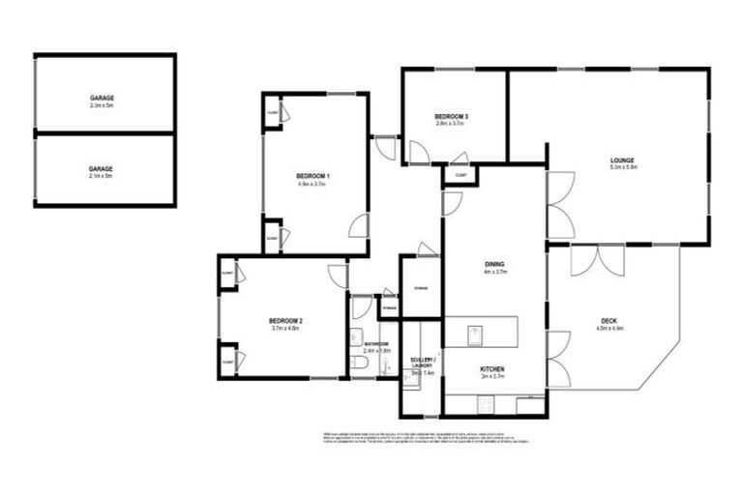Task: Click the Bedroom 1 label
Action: click(x=312, y=175)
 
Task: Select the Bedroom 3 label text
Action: click(x=450, y=117)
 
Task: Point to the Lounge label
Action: click(x=622, y=160)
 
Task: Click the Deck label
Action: click(x=610, y=321)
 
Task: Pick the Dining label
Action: click(x=495, y=264)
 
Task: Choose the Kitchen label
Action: click(x=492, y=368)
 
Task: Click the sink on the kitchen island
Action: click(x=476, y=334)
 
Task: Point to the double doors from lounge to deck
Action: click(x=596, y=259)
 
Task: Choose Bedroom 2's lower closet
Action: click(x=229, y=360)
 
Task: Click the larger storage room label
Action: click(x=421, y=290)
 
